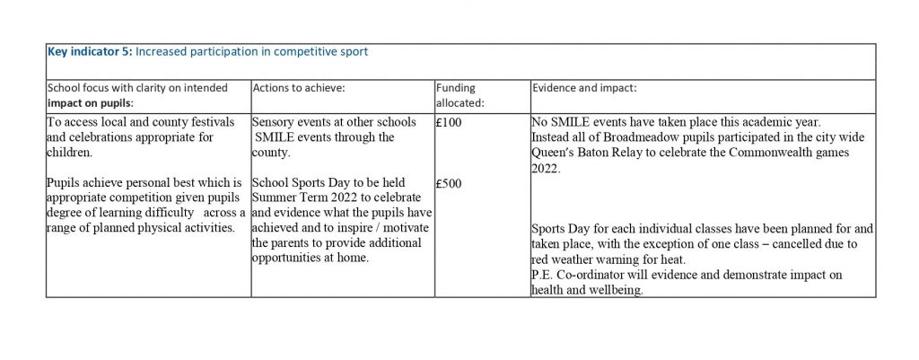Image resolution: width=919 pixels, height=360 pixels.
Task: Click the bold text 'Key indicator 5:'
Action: (x=89, y=51)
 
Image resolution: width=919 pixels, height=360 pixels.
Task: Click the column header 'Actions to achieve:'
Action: (x=299, y=88)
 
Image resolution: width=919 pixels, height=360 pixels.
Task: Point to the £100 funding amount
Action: (x=448, y=122)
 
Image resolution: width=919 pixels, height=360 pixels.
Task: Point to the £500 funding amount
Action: (x=448, y=183)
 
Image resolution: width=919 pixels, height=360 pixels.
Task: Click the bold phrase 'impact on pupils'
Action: (x=87, y=103)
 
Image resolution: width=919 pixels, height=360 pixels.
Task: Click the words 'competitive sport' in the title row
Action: (x=322, y=51)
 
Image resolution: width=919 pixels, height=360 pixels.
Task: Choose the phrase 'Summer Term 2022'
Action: (x=302, y=198)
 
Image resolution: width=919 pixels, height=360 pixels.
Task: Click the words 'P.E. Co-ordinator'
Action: (x=583, y=275)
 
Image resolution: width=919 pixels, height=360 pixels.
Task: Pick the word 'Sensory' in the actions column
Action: (x=276, y=122)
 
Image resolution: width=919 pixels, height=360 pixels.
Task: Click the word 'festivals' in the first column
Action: (x=206, y=122)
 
